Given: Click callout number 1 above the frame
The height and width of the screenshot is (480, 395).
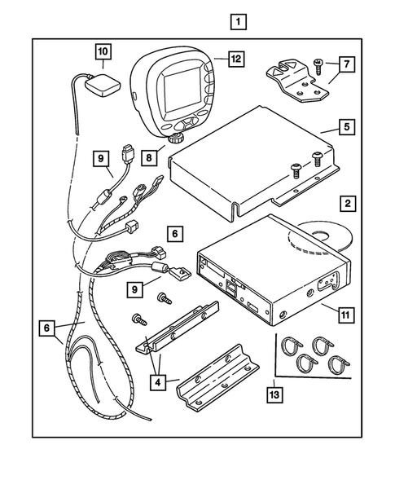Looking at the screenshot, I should point(238,20).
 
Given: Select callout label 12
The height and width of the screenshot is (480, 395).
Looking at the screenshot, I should point(236,59).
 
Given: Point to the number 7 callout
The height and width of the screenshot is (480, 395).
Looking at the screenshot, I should point(345,63).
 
